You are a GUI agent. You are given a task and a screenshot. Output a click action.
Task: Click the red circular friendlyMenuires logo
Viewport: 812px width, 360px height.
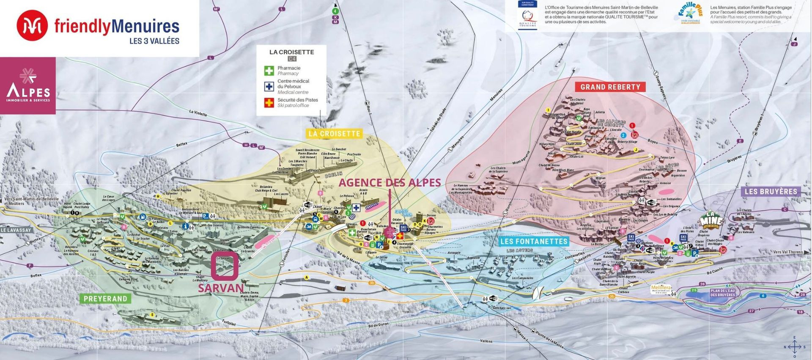pos(32,26)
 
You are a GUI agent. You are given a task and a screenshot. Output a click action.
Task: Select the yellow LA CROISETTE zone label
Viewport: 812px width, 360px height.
pos(335,134)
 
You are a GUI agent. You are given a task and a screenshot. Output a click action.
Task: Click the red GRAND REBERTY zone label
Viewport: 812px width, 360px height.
pos(610,87)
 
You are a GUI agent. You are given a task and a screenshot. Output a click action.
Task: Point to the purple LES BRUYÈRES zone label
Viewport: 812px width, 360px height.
pos(771,192)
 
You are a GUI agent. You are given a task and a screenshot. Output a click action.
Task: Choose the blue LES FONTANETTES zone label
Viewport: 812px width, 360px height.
pos(534,242)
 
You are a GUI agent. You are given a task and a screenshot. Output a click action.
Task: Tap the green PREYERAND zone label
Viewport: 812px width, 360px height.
pos(105,299)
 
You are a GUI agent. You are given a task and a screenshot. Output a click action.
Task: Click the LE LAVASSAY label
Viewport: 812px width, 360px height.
pos(16,230)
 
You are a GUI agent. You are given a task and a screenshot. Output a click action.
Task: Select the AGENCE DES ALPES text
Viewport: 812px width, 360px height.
pos(390,183)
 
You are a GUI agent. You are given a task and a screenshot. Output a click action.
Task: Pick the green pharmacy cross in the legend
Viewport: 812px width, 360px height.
pos(269,71)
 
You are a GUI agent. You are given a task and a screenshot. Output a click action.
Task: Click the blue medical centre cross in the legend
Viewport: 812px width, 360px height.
pos(269,86)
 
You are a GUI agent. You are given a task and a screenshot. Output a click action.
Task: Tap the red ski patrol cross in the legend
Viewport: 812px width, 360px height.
pos(269,102)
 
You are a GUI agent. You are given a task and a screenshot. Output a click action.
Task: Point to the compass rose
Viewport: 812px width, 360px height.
pos(794,347)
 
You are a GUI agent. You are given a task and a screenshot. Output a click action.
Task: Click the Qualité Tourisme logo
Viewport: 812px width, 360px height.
pos(527,15)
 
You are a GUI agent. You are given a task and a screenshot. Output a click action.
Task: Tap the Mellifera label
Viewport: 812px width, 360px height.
pos(661,288)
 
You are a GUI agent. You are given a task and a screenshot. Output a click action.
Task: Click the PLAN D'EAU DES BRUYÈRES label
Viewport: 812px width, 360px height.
pos(722,293)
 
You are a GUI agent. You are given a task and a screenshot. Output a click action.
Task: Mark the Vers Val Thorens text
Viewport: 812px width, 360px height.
pos(787,252)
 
